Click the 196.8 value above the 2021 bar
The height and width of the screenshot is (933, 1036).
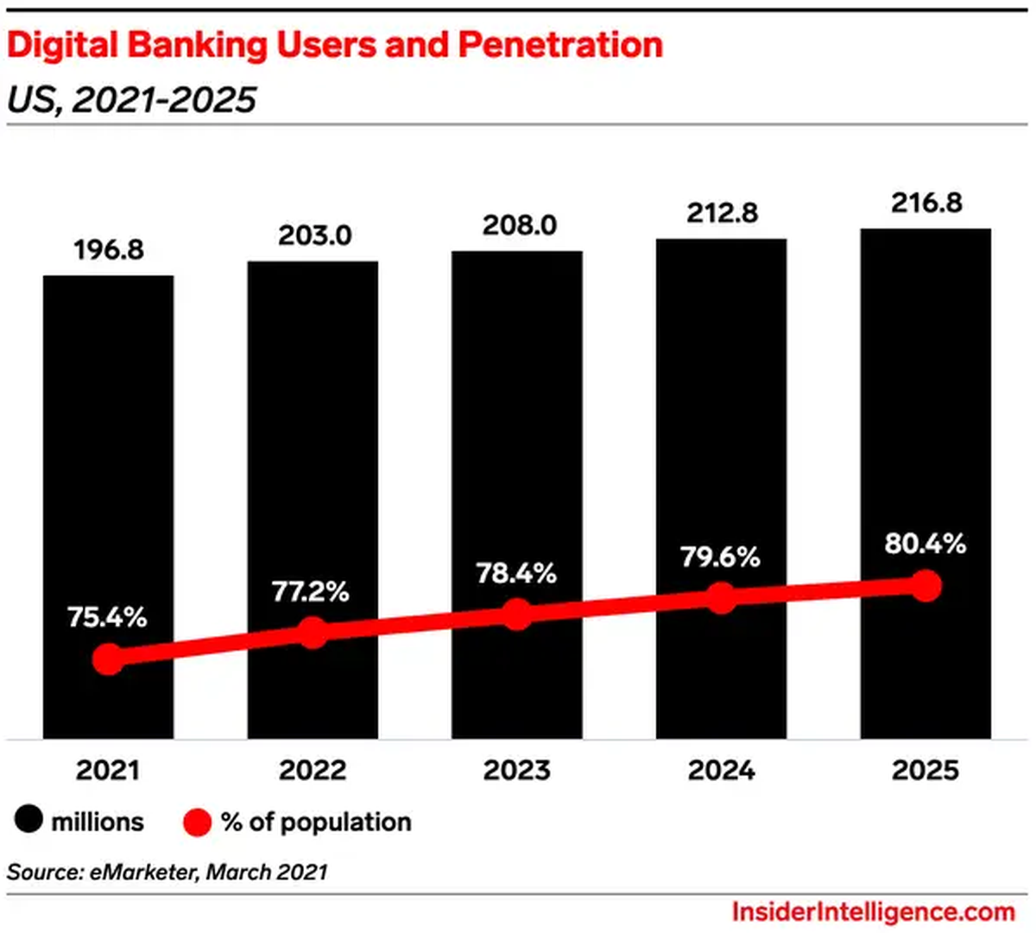point(108,250)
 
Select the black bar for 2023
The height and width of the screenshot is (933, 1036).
point(516,432)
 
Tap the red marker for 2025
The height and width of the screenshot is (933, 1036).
point(925,586)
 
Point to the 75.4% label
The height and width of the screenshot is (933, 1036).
point(107,617)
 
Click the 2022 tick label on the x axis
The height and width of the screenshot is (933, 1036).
point(313,770)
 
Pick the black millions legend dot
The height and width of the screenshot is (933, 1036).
point(28,821)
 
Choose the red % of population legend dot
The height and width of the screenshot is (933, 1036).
point(198,822)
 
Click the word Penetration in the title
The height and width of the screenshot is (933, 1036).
point(560,44)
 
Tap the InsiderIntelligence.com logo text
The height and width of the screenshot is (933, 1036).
point(873,911)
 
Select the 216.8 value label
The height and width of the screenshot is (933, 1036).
point(926,203)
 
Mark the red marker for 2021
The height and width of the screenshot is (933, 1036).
point(108,659)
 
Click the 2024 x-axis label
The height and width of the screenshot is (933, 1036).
point(721,770)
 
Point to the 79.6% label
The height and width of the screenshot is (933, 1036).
point(720,557)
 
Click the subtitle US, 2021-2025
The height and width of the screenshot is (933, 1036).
point(131,100)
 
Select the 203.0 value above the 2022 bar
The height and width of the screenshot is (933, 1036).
point(314,236)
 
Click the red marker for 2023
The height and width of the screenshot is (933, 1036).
point(516,614)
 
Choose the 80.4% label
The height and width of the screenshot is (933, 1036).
point(925,544)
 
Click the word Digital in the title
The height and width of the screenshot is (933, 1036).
point(60,44)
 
